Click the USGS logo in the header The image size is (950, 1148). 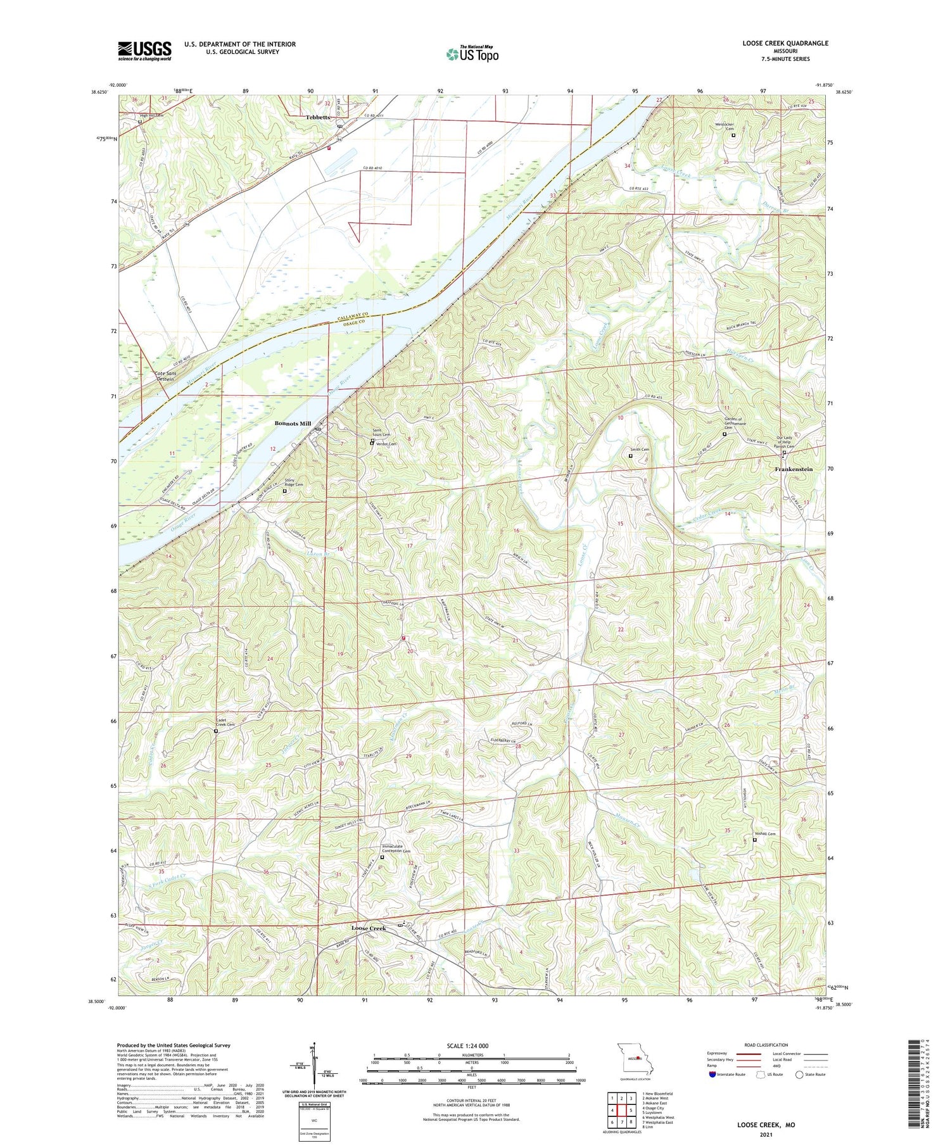pyautogui.click(x=144, y=51)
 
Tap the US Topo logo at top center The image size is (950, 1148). pyautogui.click(x=472, y=54)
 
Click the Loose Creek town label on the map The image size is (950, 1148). pyautogui.click(x=369, y=928)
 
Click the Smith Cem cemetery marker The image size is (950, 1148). pyautogui.click(x=630, y=455)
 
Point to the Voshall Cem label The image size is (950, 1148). pyautogui.click(x=764, y=833)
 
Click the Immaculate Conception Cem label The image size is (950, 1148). pyautogui.click(x=396, y=848)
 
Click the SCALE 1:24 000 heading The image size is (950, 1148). pyautogui.click(x=467, y=1045)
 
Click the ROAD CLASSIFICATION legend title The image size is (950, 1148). pyautogui.click(x=766, y=1045)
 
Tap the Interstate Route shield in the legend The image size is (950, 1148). pyautogui.click(x=712, y=1075)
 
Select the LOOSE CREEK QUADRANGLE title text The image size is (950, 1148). pyautogui.click(x=785, y=43)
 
